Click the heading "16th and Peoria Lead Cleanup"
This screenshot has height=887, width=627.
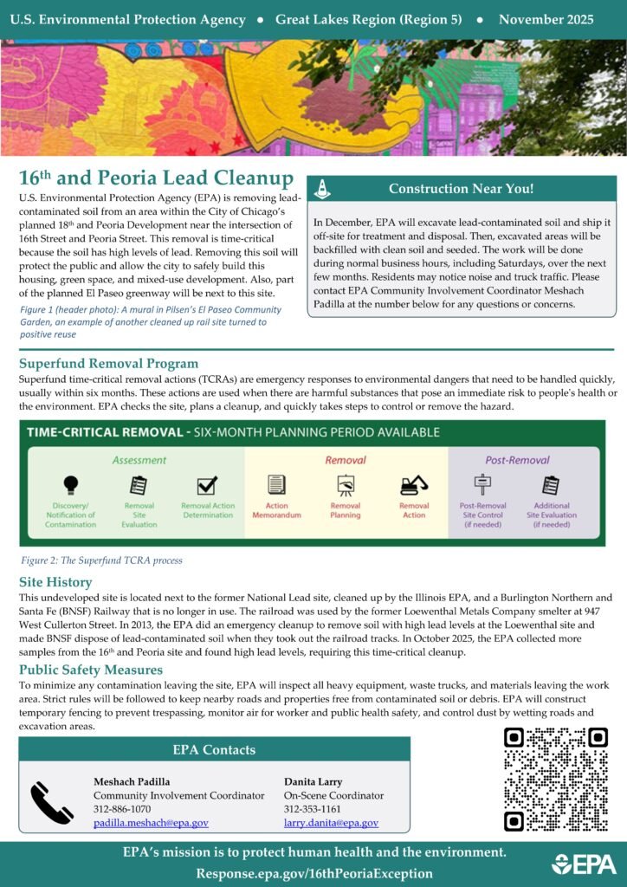156,178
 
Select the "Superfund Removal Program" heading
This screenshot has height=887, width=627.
108,364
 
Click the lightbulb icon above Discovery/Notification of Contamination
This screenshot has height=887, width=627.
71,484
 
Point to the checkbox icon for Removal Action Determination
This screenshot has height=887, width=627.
207,485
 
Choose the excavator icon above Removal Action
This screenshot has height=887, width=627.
414,485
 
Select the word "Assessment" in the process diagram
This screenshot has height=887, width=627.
139,460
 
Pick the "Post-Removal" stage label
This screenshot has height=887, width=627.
517,460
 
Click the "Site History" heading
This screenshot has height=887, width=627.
55,583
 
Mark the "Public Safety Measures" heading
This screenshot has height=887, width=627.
91,645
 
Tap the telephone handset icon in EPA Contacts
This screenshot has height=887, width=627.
52,802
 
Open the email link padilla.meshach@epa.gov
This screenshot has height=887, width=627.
151,823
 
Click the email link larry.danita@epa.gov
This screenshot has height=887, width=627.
331,823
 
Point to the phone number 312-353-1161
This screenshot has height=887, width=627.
312,809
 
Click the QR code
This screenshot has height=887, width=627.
555,779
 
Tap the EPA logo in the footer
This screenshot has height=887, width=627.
584,864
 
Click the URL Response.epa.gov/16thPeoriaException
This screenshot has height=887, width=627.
313,873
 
